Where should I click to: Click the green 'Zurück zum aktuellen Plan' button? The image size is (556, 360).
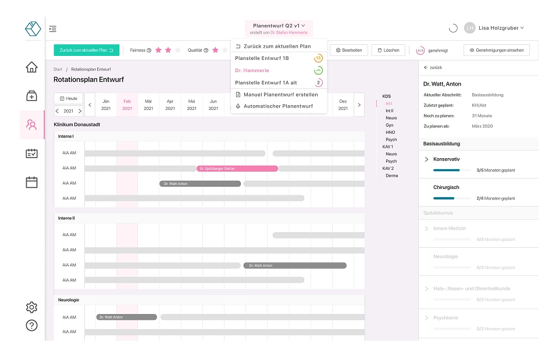(x=86, y=50)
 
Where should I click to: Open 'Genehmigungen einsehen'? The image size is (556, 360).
(x=496, y=50)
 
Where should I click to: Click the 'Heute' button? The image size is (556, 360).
(x=68, y=98)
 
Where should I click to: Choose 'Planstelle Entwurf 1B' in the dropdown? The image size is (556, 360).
(x=262, y=58)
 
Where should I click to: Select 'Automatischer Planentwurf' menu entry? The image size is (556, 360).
(x=278, y=106)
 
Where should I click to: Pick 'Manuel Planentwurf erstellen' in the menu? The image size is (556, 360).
(x=280, y=94)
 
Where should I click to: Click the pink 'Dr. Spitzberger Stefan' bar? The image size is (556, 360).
(x=237, y=169)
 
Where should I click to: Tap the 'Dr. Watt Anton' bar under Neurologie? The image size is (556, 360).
(x=126, y=317)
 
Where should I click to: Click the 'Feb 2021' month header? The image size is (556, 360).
(x=127, y=105)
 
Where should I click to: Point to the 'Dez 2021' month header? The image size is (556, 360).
(x=343, y=105)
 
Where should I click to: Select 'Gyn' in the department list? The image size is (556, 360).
(x=390, y=125)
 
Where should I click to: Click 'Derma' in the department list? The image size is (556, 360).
(x=391, y=176)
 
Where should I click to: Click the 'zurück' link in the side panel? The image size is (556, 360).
(x=433, y=67)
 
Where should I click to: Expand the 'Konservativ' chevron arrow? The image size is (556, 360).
(x=426, y=159)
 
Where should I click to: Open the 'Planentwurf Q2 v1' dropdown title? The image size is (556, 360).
(x=279, y=26)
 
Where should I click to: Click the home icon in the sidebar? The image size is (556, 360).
(x=32, y=67)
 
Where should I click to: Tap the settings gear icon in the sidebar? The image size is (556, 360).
(x=32, y=307)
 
